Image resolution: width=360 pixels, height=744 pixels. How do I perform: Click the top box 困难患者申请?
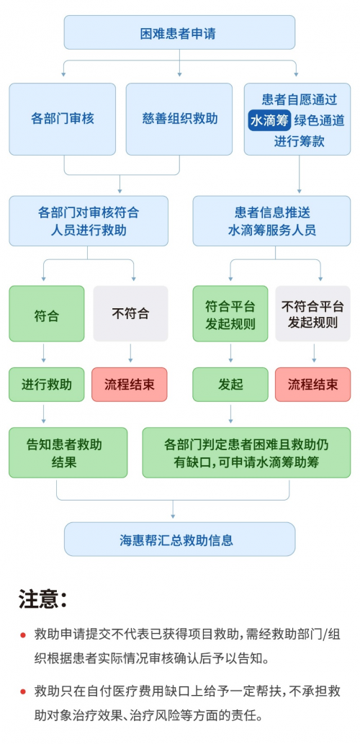(179, 33)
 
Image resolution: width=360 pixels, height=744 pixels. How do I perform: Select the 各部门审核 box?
(63, 119)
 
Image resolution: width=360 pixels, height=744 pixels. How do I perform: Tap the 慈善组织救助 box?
(179, 119)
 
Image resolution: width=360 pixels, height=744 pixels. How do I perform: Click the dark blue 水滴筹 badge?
(268, 120)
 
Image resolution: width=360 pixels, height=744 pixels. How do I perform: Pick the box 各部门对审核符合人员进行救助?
(88, 221)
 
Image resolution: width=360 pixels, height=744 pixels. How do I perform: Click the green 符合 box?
(47, 314)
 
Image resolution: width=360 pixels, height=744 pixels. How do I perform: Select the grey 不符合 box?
(130, 314)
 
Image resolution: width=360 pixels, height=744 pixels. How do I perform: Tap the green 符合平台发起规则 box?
(230, 314)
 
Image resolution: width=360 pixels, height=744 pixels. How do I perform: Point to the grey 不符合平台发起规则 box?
(312, 314)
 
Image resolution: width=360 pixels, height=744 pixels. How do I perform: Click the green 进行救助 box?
(47, 385)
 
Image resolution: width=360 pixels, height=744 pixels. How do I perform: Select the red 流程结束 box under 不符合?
(130, 385)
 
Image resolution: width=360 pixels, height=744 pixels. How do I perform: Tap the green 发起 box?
(230, 385)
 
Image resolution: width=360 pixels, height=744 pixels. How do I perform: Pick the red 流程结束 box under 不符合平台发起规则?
(312, 385)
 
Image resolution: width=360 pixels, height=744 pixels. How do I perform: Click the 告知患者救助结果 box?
(68, 452)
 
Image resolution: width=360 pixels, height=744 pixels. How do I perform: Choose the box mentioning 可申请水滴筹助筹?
(246, 452)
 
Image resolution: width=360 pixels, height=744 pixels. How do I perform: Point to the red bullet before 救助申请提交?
(23, 634)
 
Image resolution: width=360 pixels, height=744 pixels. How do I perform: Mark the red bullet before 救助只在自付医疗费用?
(23, 691)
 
